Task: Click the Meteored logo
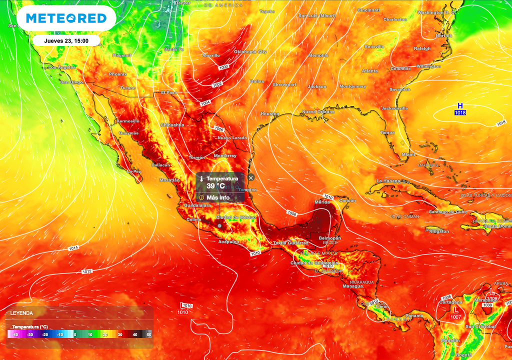coord(66,18)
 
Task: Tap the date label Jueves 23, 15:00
coord(66,41)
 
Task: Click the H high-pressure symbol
coord(460,105)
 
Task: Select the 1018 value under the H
coord(460,112)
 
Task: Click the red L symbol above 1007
coord(455,310)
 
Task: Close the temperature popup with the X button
coord(251,177)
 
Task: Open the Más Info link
coord(217,197)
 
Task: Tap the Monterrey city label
coord(225,156)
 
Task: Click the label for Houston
coord(269,114)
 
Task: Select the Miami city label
coord(408,154)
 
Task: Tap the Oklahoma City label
coord(250,51)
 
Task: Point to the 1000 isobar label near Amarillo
coord(223,67)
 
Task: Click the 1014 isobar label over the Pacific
coord(73,248)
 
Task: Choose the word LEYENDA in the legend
coord(22,313)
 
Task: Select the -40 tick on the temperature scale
coord(15,334)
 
